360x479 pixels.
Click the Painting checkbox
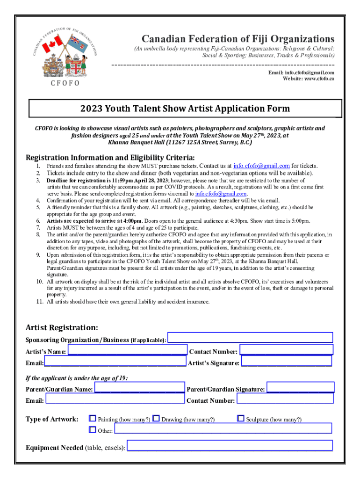coord(93,419)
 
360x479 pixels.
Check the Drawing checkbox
coord(157,419)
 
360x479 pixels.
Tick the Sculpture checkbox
coord(241,419)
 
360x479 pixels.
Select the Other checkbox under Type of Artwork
coord(93,429)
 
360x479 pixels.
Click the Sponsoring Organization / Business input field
coord(250,338)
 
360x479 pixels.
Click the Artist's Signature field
coord(286,362)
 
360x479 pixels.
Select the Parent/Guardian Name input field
coord(139,388)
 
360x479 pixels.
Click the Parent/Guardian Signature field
coord(300,387)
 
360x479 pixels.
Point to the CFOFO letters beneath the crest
coord(62,83)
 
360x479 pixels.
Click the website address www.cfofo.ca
coord(314,79)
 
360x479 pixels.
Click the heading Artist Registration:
coord(62,327)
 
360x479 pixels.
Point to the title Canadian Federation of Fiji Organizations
coord(238,38)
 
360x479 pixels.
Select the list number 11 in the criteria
coord(40,302)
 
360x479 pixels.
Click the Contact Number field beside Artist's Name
coord(286,350)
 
